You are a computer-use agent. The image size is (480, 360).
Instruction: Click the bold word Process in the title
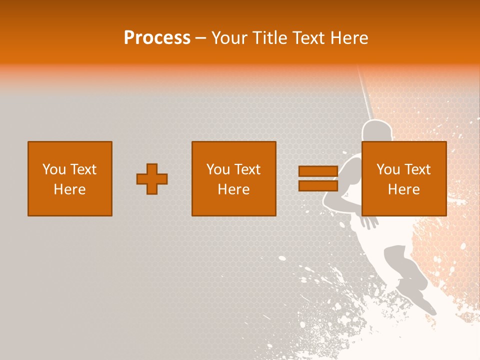(x=157, y=38)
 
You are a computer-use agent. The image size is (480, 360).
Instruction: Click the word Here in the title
(x=350, y=38)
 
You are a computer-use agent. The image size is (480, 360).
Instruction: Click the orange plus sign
(x=152, y=179)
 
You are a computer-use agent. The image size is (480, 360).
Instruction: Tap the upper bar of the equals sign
(x=318, y=171)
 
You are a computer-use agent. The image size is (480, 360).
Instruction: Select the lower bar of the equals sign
(x=318, y=185)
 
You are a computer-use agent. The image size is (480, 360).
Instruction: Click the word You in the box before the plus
(x=53, y=169)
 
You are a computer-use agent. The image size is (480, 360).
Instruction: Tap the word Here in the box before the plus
(x=69, y=189)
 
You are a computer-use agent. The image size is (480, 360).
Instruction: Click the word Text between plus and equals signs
(x=247, y=169)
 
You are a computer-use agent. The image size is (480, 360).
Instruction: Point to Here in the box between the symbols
(x=233, y=189)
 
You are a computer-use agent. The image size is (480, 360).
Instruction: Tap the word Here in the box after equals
(x=403, y=189)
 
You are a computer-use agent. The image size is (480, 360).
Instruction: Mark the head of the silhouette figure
(x=372, y=131)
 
